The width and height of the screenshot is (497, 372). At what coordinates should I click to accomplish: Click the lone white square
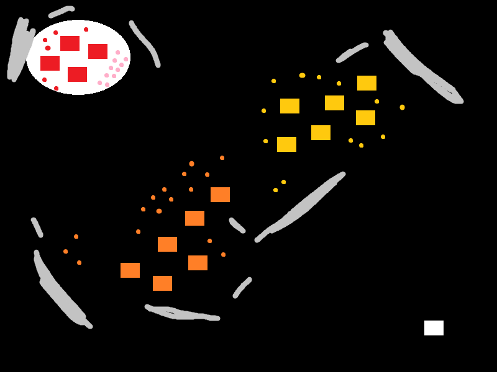point(434,328)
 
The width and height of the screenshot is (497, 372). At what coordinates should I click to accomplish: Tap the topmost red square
point(70,43)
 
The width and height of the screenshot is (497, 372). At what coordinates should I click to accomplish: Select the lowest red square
point(77,74)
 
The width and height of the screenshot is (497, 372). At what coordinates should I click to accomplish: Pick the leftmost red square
point(50,63)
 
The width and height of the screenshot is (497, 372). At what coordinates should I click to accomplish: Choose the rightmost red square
point(98,51)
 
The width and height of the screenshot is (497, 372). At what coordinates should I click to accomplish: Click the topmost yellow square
point(367,83)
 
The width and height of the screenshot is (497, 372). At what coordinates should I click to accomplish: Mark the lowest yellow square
point(286,144)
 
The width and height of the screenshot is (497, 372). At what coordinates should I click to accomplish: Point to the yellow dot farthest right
point(402,107)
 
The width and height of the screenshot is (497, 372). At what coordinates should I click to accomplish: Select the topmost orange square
point(220,195)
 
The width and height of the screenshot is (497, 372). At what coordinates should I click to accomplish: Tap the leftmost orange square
point(130,270)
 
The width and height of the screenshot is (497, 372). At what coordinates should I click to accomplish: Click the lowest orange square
point(162,283)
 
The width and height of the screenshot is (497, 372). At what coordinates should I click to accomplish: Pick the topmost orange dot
point(222,157)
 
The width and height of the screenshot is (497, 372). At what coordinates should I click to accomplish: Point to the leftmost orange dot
point(65,251)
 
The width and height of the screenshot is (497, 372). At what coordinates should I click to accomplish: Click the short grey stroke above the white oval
point(62,11)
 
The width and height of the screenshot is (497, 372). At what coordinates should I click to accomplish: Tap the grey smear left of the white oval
point(19,50)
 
